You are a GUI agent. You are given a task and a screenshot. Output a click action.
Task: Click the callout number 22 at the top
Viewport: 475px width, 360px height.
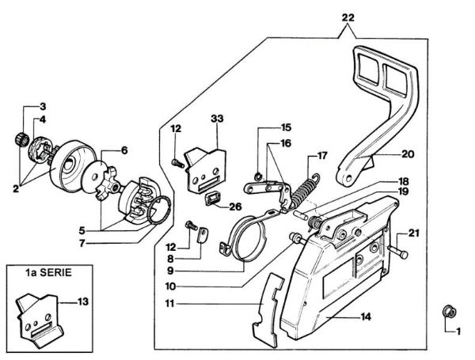coord(348,17)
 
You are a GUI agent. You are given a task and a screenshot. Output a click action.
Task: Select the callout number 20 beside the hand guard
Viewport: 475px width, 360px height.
coord(408,154)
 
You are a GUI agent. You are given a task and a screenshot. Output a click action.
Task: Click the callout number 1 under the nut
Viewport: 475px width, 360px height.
coord(455,332)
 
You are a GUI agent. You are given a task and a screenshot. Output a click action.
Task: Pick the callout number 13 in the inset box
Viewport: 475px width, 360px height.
coord(81,301)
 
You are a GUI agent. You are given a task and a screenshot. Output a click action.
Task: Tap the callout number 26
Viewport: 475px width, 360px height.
coord(235,207)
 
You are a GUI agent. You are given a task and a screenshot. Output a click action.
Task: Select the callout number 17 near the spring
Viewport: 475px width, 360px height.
coord(321,155)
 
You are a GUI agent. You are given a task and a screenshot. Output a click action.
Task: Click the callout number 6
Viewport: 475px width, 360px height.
coord(124,150)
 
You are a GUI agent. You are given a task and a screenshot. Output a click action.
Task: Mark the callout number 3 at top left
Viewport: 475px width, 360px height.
coord(43,106)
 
